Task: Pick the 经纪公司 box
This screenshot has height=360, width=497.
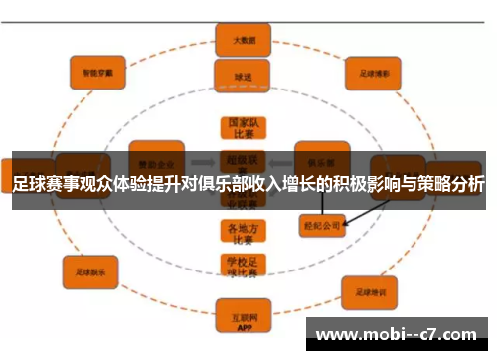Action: (321, 227)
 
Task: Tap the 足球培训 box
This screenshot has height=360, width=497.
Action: (370, 292)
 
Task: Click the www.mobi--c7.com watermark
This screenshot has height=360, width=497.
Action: (399, 335)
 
